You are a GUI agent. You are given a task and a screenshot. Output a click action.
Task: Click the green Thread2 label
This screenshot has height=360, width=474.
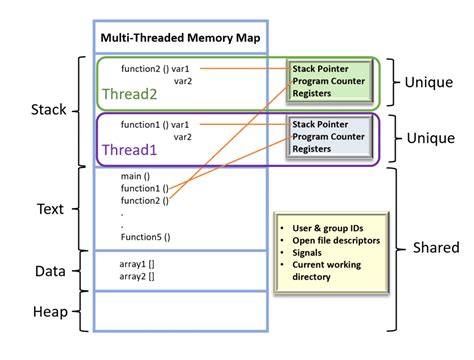pos(130,96)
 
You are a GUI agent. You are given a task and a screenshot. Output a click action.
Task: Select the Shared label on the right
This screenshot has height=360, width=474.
pos(434,247)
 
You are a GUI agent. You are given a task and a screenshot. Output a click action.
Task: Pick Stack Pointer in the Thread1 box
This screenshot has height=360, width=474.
pos(321,124)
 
